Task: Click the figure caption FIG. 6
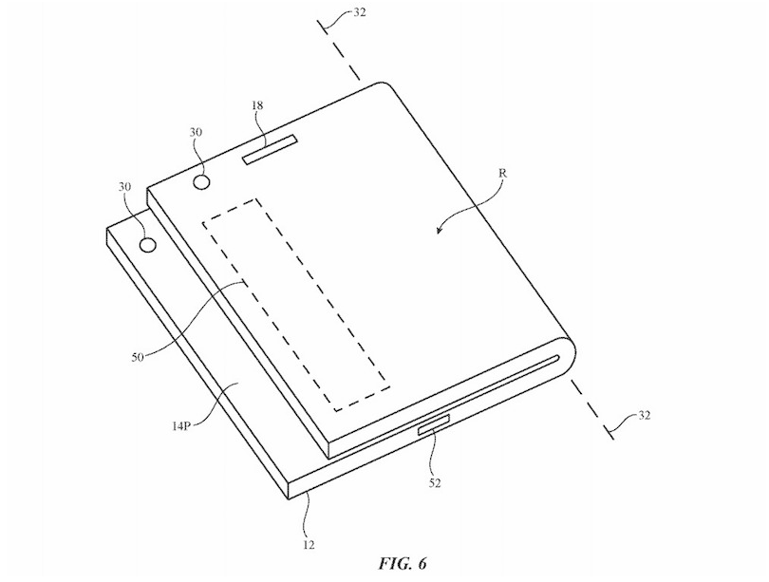coord(403,564)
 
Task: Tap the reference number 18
coord(256,105)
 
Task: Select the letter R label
coord(502,173)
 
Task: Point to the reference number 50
coord(138,357)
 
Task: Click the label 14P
coord(180,426)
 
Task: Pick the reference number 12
coord(309,544)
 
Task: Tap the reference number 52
coord(435,483)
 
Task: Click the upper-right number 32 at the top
coord(359,12)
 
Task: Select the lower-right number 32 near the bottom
coord(645,415)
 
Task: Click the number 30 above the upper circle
coord(197,132)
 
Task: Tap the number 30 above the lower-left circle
coord(124,186)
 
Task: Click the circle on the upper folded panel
coord(202,182)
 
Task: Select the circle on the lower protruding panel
coord(147,244)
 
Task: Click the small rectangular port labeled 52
coord(434,423)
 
